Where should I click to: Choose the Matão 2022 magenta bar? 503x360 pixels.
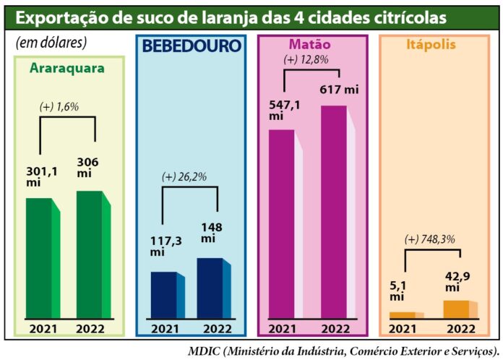[x=335, y=211]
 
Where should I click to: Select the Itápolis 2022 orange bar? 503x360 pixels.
[x=457, y=309]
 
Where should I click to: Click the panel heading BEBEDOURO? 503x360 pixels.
[x=192, y=46]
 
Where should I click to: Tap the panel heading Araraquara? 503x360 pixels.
[x=67, y=69]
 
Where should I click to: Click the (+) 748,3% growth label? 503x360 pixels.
[x=430, y=240]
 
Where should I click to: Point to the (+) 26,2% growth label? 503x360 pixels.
[x=185, y=176]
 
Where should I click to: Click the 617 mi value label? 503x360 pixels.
[x=340, y=90]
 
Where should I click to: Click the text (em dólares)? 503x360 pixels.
[x=51, y=43]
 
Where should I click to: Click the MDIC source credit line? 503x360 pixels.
[x=343, y=351]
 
